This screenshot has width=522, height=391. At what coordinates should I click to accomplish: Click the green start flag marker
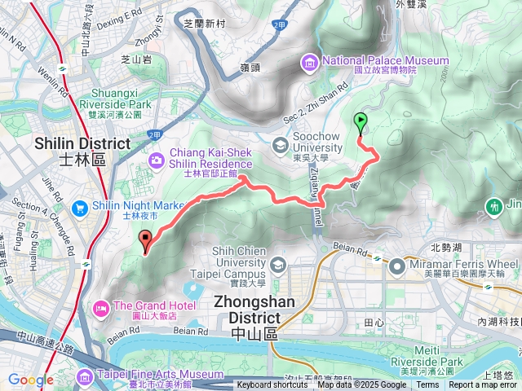pyautogui.click(x=361, y=123)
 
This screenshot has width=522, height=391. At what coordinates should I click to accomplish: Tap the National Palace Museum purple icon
pyautogui.click(x=311, y=61)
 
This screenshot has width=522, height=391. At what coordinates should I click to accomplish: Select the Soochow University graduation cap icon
pyautogui.click(x=280, y=146)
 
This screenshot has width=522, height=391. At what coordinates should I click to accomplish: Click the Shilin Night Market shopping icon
pyautogui.click(x=80, y=208)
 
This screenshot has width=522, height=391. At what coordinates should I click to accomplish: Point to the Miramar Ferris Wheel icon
pyautogui.click(x=397, y=266)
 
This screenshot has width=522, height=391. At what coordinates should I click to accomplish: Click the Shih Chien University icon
pyautogui.click(x=278, y=265)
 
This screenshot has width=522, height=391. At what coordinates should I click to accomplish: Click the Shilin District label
pyautogui.click(x=82, y=151)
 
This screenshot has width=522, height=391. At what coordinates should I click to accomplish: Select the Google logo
pyautogui.click(x=30, y=380)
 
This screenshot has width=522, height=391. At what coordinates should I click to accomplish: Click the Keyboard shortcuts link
pyautogui.click(x=272, y=385)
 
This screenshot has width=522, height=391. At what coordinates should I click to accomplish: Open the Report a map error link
pyautogui.click(x=484, y=385)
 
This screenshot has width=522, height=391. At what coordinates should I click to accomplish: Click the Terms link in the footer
pyautogui.click(x=427, y=385)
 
